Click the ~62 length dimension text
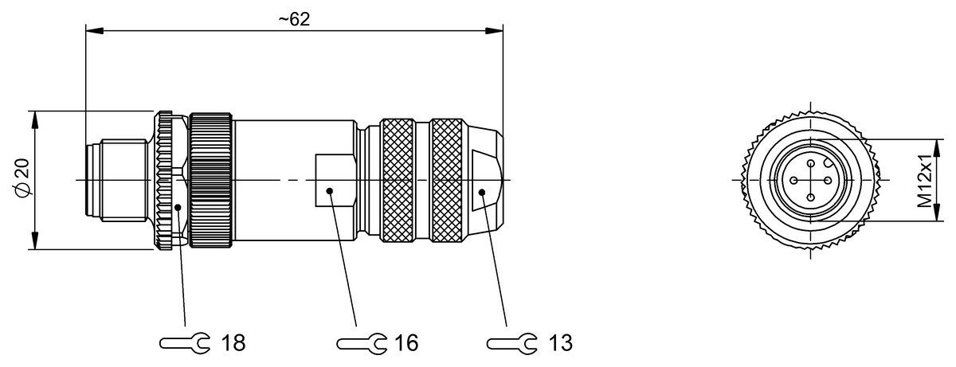[294, 20]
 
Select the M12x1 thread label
[923, 180]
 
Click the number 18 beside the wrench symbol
[232, 343]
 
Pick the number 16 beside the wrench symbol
[405, 343]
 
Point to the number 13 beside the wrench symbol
[560, 343]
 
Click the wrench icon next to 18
[186, 343]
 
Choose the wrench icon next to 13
[512, 343]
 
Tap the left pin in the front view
[794, 180]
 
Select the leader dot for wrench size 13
[483, 192]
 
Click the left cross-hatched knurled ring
[398, 180]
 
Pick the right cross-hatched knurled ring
[446, 180]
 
